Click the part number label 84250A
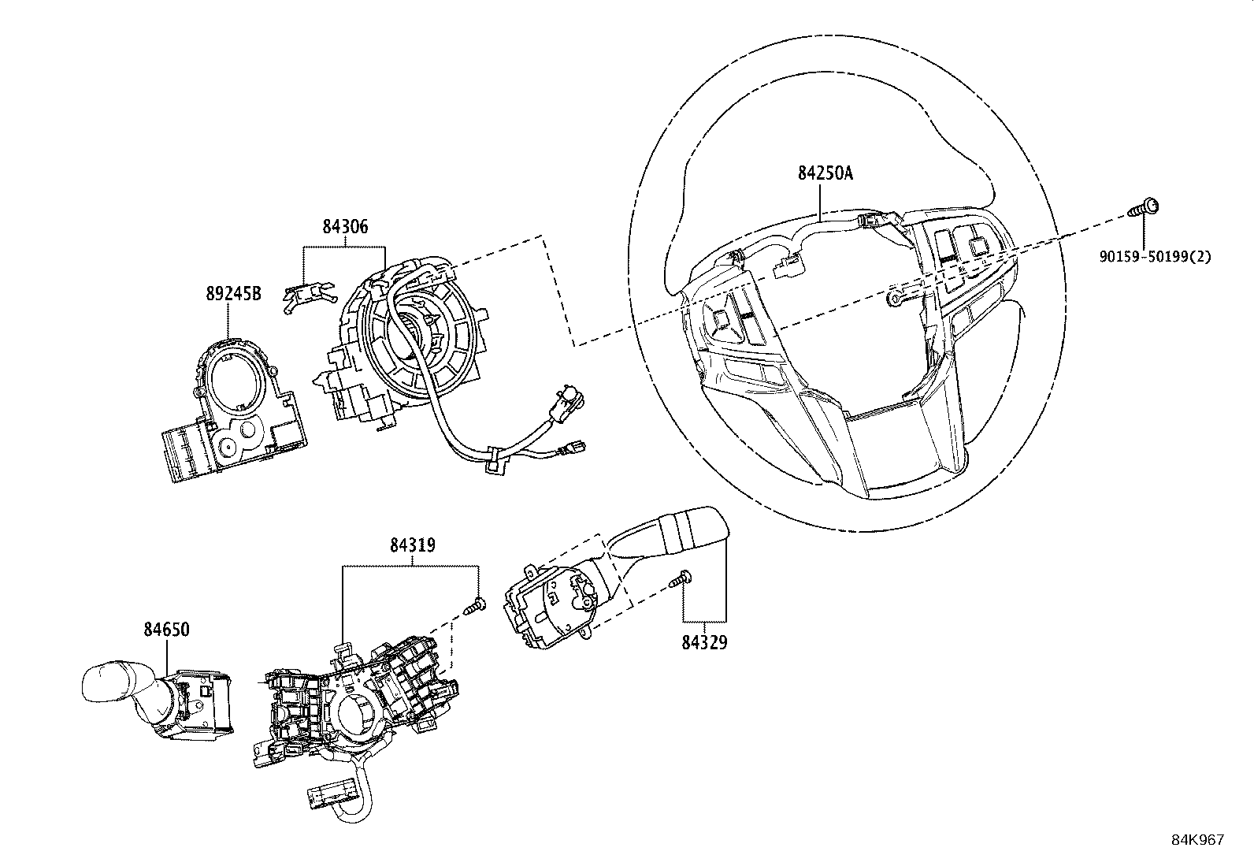coord(825,173)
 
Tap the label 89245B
coord(233,294)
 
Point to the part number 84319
coord(412,545)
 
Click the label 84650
coord(166,630)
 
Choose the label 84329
coord(704,642)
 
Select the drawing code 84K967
coord(1196,840)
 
